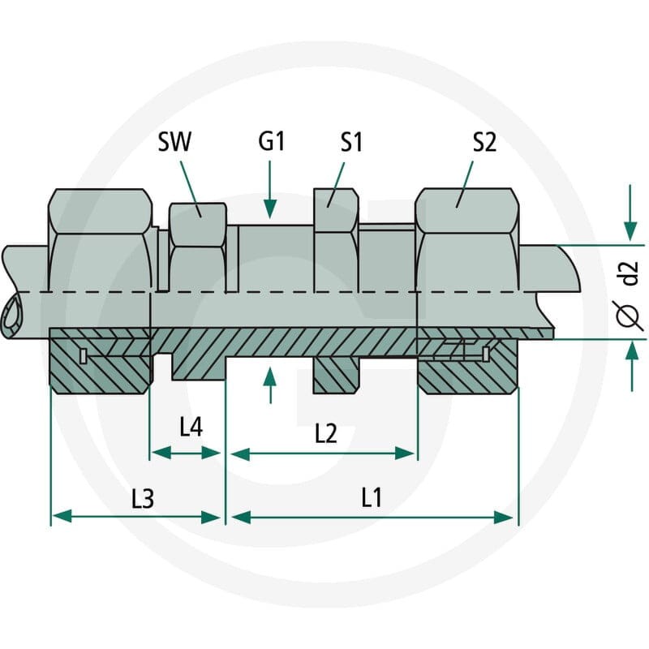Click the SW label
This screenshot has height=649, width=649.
pos(174,142)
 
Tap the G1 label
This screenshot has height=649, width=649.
pos(272,141)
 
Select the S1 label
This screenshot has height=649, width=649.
pos(351,142)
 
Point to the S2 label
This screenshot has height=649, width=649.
pos(484,142)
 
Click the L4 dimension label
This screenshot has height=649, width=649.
pos(191,427)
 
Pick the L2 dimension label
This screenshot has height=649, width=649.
pos(326,434)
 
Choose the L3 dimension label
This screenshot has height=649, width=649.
pos(143,498)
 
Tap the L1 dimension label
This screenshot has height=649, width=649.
pos(372,497)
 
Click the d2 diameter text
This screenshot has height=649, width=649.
pos(630,273)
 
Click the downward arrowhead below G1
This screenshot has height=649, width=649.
pos(270,208)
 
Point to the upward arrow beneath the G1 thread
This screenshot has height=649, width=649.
pos(270,385)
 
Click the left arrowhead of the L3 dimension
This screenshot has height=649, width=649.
pos(62,517)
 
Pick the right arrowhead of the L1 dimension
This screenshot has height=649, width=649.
pos(504,517)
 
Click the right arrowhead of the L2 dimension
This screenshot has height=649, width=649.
pos(404,453)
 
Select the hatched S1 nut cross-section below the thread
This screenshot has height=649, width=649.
pos(336,375)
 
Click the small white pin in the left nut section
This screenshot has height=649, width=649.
pos(83,356)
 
